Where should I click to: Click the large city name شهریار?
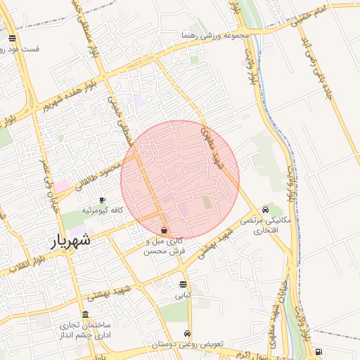[70, 241]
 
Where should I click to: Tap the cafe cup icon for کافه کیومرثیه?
[103, 200]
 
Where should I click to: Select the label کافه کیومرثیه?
[103, 210]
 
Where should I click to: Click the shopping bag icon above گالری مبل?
[164, 231]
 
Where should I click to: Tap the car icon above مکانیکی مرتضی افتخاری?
[265, 210]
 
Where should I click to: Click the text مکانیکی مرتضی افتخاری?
[261, 225]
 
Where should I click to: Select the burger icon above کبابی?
[184, 285]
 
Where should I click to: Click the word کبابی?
[183, 295]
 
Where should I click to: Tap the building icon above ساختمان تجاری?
[86, 314]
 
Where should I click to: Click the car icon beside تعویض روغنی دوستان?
[186, 333]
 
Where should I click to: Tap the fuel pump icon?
[319, 352]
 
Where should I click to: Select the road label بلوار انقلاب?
[21, 264]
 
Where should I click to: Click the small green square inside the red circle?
[207, 202]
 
